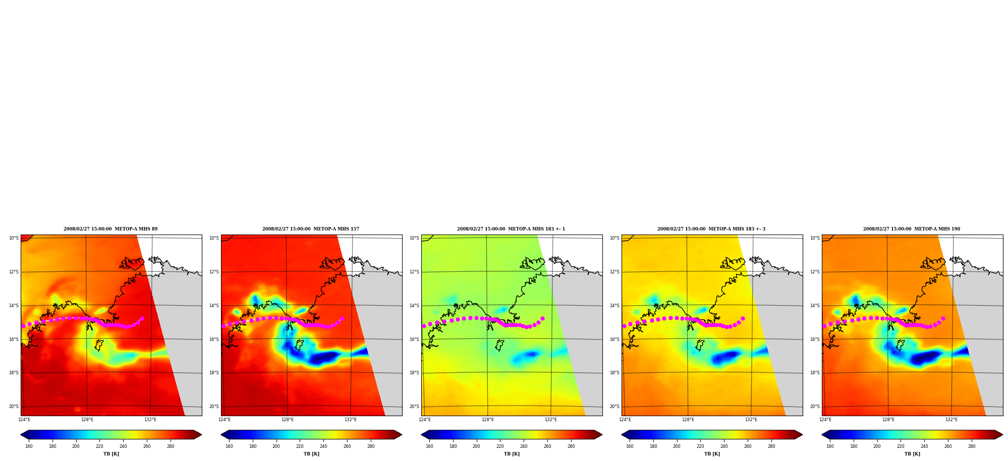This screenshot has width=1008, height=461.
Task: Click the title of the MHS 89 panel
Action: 110,229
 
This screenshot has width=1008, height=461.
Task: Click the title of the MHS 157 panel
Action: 311,229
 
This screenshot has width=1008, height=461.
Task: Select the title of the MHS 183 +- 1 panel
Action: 511,229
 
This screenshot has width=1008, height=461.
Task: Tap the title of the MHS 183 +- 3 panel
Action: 711,229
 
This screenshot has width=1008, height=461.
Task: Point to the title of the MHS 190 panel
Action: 912,229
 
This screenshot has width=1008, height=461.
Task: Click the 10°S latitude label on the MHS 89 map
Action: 14,238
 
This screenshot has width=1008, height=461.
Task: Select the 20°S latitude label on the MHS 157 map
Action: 214,407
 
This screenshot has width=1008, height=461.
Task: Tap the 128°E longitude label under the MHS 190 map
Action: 888,420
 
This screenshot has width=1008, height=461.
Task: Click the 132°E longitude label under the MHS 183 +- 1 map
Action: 551,420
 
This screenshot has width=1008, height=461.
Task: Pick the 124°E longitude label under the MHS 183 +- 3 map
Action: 625,420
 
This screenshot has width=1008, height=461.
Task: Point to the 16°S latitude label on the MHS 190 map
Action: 815,339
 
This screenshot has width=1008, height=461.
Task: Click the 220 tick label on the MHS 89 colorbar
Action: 99,446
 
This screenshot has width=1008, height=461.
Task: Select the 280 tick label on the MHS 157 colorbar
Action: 371,446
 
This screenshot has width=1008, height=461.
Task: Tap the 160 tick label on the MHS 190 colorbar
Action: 830,446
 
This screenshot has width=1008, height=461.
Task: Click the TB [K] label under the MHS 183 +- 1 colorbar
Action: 512,454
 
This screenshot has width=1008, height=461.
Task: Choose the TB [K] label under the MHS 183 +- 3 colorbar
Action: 712,454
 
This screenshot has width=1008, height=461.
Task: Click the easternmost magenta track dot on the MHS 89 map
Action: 142,318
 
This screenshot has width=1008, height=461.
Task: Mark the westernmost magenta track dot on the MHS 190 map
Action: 824,326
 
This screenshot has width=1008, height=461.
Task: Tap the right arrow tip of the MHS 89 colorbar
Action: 201,435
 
